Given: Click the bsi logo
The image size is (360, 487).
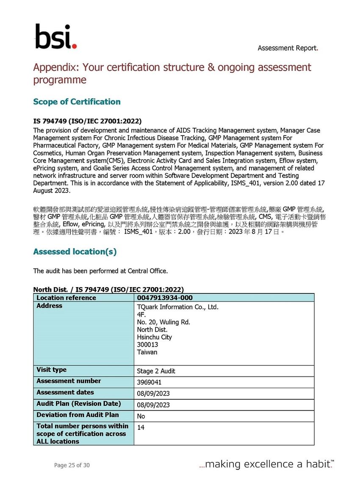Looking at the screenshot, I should pyautogui.click(x=55, y=37).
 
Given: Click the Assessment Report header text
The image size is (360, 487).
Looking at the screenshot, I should pyautogui.click(x=288, y=48).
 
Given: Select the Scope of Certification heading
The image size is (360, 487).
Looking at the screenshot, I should pyautogui.click(x=77, y=102).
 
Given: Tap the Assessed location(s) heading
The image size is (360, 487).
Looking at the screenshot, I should pyautogui.click(x=75, y=252).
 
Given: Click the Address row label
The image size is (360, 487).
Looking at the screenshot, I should pyautogui.click(x=50, y=306).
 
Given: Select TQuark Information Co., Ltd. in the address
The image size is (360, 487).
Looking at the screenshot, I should pyautogui.click(x=177, y=307).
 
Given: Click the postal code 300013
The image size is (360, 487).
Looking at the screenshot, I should pyautogui.click(x=147, y=345).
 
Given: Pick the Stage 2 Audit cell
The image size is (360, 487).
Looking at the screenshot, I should pyautogui.click(x=156, y=371).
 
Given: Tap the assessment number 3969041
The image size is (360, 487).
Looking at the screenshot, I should pyautogui.click(x=149, y=382).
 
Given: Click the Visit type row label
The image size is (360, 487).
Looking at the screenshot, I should pyautogui.click(x=52, y=370).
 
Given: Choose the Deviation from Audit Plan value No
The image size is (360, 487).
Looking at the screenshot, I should pyautogui.click(x=141, y=416).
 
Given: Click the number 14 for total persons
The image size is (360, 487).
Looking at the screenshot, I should pyautogui.click(x=141, y=428).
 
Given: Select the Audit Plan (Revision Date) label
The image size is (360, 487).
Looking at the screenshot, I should pyautogui.click(x=79, y=404).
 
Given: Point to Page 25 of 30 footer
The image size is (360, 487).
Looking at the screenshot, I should pyautogui.click(x=72, y=465).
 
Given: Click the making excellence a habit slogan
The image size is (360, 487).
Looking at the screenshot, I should pyautogui.click(x=266, y=464).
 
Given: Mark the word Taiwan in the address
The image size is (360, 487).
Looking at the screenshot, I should pyautogui.click(x=147, y=352).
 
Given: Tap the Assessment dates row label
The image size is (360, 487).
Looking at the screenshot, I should pyautogui.click(x=65, y=393).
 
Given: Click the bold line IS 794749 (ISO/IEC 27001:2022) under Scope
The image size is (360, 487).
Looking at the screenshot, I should pyautogui.click(x=87, y=121).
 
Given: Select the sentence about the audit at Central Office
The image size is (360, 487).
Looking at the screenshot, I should pyautogui.click(x=100, y=271).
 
